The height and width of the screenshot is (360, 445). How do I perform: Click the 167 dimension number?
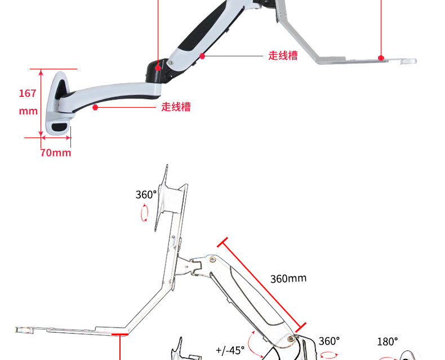(x=28, y=94)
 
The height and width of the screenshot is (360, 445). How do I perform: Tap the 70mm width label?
(x=55, y=153)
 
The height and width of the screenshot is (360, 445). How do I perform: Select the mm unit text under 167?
(x=28, y=111)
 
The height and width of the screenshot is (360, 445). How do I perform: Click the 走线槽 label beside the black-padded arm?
(x=283, y=56)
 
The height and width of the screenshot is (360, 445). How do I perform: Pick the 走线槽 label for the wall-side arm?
(x=176, y=106)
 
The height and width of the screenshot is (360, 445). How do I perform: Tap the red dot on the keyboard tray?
(x=381, y=57)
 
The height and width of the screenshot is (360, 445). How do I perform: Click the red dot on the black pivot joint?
(x=158, y=68)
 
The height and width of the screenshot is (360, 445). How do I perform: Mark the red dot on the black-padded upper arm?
(x=202, y=56)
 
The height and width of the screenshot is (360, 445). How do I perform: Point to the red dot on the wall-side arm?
(x=96, y=106)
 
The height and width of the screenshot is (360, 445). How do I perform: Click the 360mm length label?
(x=288, y=279)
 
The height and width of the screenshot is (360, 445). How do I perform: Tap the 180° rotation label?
(x=388, y=341)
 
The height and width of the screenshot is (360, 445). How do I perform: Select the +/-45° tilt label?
(x=230, y=350)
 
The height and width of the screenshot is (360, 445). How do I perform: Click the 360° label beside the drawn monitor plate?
(x=146, y=194)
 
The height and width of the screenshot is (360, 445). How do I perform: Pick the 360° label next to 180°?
(x=329, y=341)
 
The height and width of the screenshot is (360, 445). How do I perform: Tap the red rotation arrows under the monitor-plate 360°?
(x=145, y=212)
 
